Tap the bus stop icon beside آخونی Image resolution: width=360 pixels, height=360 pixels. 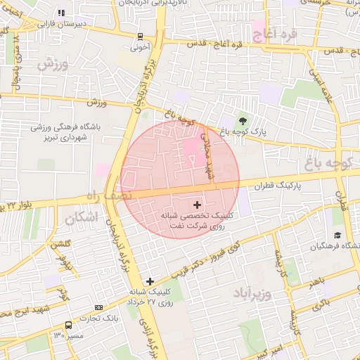pos(141,37)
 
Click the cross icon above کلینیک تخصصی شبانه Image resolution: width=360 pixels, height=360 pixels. pos(196,204)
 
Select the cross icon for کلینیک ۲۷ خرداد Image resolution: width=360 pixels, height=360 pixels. pos(149,281)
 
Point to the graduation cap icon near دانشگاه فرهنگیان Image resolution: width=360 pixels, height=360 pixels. pos(337,235)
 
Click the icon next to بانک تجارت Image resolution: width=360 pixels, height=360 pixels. pos(98,307)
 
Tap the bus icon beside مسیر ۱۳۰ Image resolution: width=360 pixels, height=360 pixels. pos(68,325)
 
